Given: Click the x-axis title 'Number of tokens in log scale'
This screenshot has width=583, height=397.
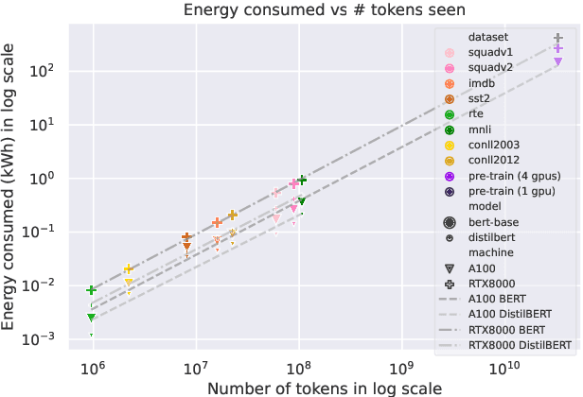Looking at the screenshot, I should [324, 388].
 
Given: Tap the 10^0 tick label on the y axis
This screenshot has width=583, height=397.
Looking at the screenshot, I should [44, 178].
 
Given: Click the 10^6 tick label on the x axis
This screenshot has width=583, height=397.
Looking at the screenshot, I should [93, 367].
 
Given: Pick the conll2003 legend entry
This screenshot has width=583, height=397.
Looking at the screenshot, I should [497, 145].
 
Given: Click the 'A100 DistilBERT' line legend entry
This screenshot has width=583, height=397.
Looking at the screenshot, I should [522, 314].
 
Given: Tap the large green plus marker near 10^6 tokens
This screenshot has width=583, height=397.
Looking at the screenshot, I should [92, 290].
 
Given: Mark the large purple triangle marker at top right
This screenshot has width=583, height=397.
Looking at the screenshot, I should [558, 61].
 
